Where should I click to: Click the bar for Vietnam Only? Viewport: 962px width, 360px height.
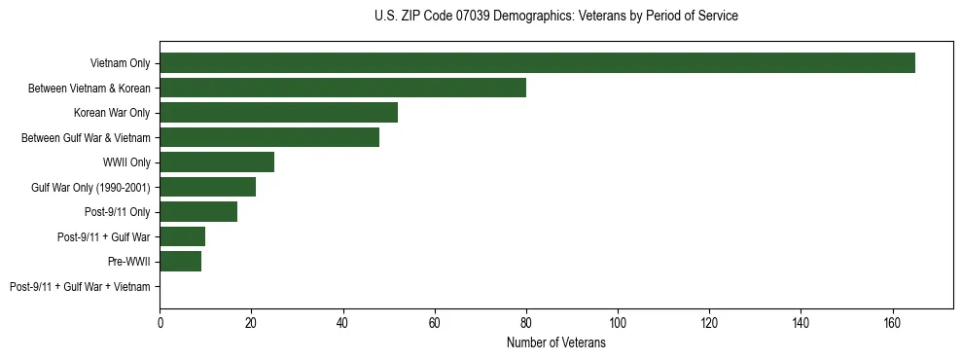coord(537,63)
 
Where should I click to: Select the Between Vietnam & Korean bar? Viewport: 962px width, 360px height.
coord(342,88)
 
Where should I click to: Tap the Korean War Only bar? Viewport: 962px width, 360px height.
coord(278,113)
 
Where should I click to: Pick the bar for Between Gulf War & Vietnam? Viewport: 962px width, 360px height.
coord(269,137)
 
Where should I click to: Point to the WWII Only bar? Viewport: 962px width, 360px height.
coord(217,162)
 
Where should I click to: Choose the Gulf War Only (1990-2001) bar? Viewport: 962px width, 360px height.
coord(207,187)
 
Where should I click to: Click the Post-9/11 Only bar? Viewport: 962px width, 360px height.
coord(198,211)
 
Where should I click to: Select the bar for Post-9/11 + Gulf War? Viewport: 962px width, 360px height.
coord(183,236)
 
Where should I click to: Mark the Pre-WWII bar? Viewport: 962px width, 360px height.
coord(180,261)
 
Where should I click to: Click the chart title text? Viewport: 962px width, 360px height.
coord(555,17)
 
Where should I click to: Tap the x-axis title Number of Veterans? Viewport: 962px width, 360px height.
coord(555,343)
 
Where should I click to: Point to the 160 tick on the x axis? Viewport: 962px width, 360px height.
coord(892,323)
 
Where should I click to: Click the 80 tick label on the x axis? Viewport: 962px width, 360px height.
coord(526,323)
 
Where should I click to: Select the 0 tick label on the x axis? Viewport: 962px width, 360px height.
coord(160,323)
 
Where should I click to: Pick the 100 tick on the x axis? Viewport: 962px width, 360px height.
coord(618,323)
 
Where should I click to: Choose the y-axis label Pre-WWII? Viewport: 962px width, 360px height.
coord(128,262)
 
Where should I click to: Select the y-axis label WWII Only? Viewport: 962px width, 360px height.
coord(126,162)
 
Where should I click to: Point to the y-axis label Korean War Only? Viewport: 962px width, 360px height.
coord(112,113)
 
